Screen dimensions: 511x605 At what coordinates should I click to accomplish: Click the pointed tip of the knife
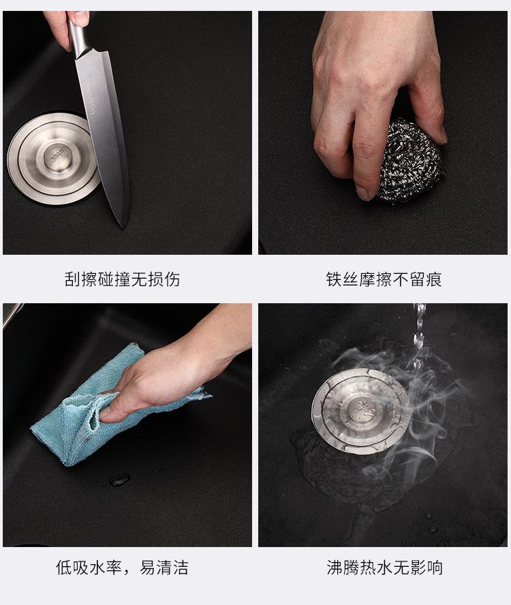point(124,228)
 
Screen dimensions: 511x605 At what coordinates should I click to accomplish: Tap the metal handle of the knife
point(78,38)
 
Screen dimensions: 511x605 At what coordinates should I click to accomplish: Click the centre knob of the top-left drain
point(59,157)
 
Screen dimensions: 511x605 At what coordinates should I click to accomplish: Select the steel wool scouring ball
point(409,161)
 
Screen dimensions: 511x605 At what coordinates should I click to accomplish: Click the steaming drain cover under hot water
point(361,409)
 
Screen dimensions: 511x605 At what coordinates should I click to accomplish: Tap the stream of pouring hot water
point(418,336)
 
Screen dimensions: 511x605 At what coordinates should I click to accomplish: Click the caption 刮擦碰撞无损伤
point(123,279)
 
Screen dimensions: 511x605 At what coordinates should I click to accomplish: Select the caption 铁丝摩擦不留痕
point(384,279)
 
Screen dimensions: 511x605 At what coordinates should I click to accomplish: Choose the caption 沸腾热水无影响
point(384,568)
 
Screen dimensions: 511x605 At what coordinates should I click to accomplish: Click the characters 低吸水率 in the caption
point(89,568)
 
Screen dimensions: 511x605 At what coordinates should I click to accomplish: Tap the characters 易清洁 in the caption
point(164,568)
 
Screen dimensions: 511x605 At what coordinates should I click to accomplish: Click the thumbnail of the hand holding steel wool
point(383,132)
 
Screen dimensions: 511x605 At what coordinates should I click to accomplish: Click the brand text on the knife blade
point(95,102)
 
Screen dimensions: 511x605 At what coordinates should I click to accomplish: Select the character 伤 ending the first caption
point(172,279)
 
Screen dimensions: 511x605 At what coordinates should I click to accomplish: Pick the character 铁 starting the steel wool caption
point(334,279)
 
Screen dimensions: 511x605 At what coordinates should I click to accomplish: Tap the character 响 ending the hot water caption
point(435,568)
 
